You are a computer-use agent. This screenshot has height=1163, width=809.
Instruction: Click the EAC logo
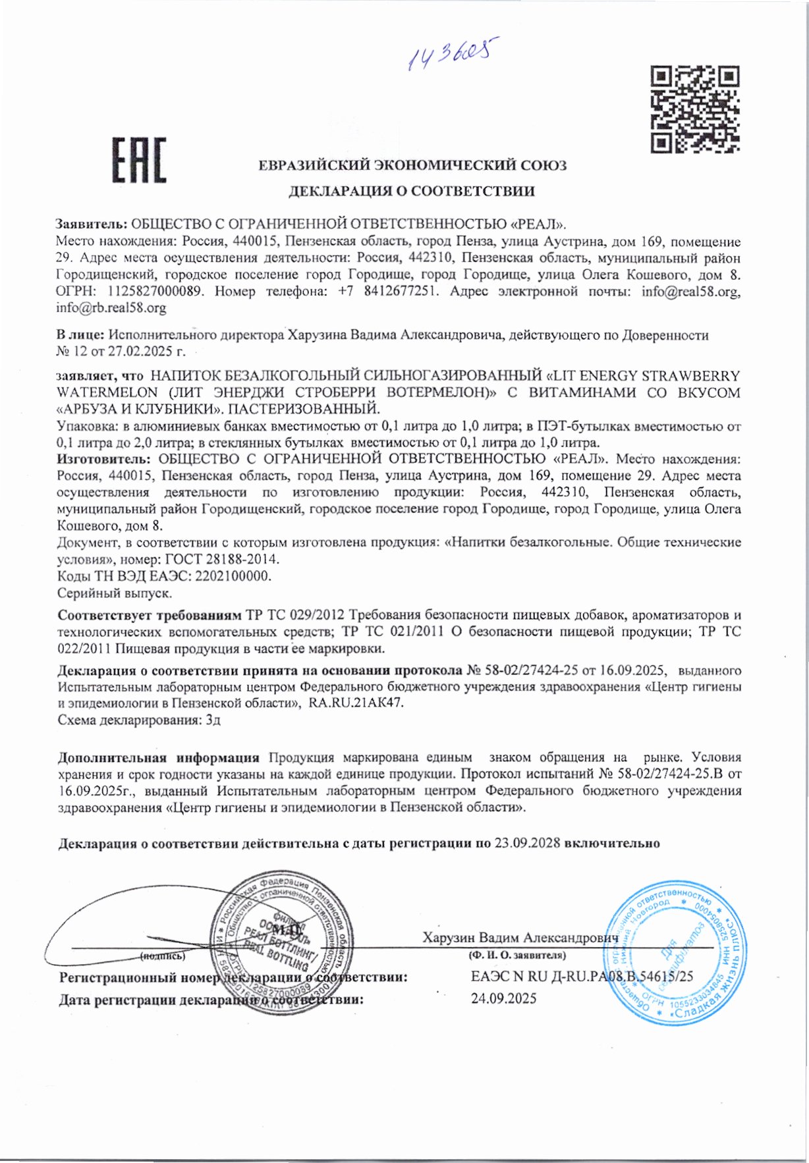tap(138, 160)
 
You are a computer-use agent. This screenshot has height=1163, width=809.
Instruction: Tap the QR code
tap(694, 109)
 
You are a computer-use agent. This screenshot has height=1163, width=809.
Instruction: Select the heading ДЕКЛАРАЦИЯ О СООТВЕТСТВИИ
tap(412, 192)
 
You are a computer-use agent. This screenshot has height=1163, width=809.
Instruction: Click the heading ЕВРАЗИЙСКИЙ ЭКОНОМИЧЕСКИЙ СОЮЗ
tap(412, 165)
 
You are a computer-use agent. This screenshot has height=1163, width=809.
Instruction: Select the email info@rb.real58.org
tap(111, 308)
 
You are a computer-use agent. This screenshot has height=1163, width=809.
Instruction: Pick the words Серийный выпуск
tap(115, 593)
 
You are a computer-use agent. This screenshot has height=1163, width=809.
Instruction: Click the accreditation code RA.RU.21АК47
tap(356, 703)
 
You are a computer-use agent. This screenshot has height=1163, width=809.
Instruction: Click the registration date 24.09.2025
tap(503, 999)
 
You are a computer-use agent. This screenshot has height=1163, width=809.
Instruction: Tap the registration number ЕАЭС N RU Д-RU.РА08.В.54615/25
tap(582, 977)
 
